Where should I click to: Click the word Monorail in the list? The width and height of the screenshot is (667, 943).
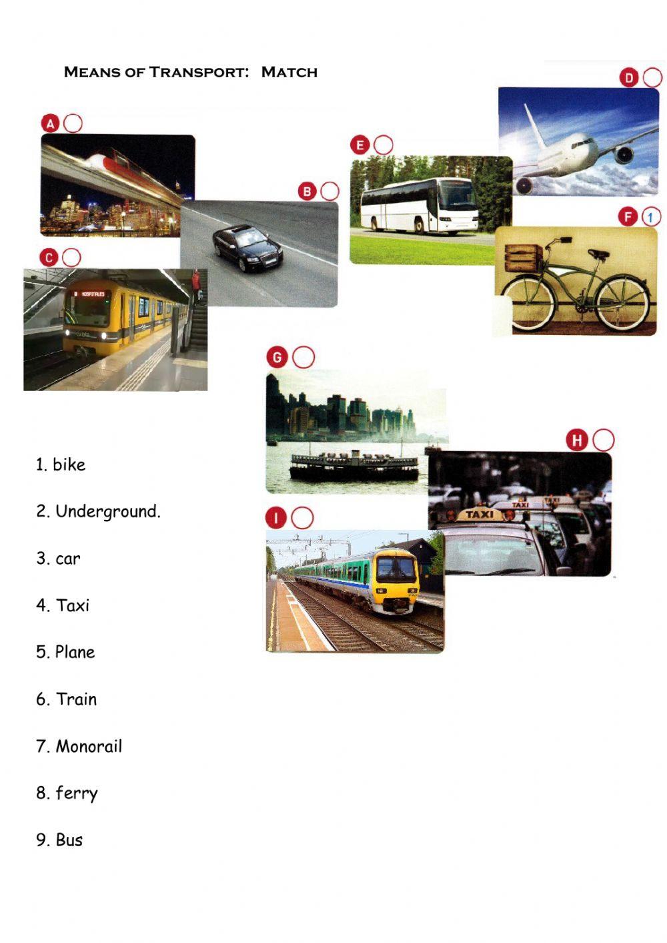(89, 746)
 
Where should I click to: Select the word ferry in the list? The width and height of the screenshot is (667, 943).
(77, 793)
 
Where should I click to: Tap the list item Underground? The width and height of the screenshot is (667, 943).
(107, 512)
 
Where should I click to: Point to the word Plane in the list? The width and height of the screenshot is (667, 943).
(75, 652)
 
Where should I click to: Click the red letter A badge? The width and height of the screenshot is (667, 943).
(51, 123)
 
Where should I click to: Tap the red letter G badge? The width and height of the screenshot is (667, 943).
(277, 357)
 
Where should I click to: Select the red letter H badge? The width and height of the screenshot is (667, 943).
(576, 440)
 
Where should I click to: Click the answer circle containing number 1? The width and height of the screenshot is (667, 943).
(650, 217)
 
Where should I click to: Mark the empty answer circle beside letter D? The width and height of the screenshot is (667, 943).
(652, 78)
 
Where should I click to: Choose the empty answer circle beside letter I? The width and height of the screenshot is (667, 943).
(302, 518)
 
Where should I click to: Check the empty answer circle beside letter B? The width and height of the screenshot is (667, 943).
(329, 192)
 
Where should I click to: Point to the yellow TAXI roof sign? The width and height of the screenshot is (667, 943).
(479, 515)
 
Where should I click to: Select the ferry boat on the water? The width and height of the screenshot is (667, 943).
(354, 465)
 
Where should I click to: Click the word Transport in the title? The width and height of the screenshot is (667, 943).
(198, 72)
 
